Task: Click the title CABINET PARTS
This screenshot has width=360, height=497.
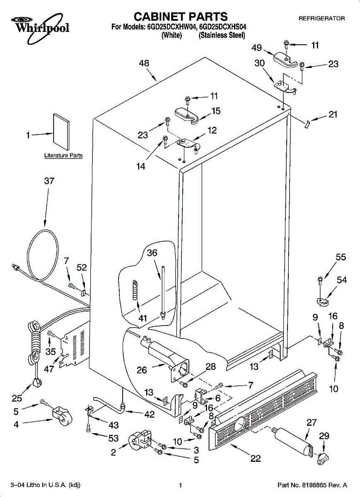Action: (x=181, y=17)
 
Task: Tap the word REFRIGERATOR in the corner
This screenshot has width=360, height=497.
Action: (x=321, y=19)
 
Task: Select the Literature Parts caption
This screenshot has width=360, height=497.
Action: (x=63, y=156)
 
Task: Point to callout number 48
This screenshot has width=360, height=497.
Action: (x=144, y=63)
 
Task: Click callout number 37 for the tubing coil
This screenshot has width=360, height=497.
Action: (x=49, y=181)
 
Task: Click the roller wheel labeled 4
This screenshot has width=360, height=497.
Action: (x=60, y=416)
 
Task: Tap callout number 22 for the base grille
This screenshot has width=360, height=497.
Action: (x=256, y=458)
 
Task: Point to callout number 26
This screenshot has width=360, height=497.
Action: (x=142, y=370)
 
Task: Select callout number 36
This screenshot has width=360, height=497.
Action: (x=152, y=253)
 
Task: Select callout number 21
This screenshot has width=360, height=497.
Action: (x=333, y=115)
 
